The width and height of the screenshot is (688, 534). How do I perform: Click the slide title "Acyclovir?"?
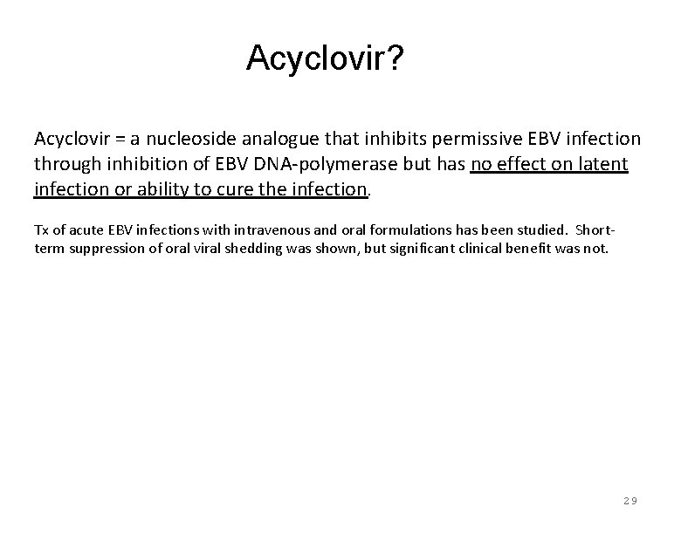coord(324,58)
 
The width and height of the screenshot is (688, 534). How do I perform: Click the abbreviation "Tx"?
coord(42,229)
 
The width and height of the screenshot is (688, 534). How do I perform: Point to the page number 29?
coord(630,501)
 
